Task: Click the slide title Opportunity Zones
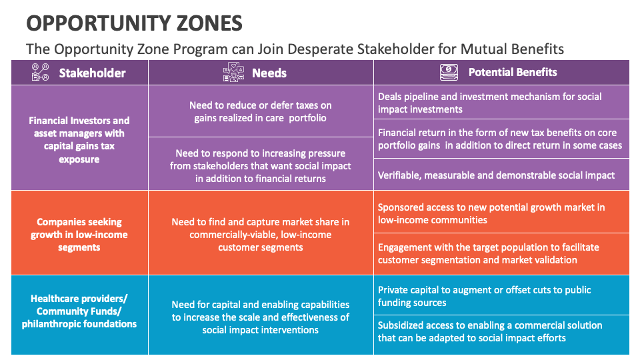pyautogui.click(x=134, y=23)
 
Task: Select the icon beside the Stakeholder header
pyautogui.click(x=41, y=72)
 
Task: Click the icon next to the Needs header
pyautogui.click(x=233, y=72)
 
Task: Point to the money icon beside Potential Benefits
pyautogui.click(x=449, y=72)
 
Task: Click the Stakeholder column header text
pyautogui.click(x=92, y=73)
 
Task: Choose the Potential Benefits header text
pyautogui.click(x=512, y=72)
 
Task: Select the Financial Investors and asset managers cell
pyautogui.click(x=79, y=140)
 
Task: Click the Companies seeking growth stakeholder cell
pyautogui.click(x=79, y=235)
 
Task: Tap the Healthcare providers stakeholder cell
pyautogui.click(x=79, y=311)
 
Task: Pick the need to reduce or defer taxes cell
pyautogui.click(x=261, y=111)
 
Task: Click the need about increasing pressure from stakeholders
pyautogui.click(x=261, y=166)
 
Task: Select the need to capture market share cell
pyautogui.click(x=261, y=235)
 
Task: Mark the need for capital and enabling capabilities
pyautogui.click(x=261, y=317)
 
